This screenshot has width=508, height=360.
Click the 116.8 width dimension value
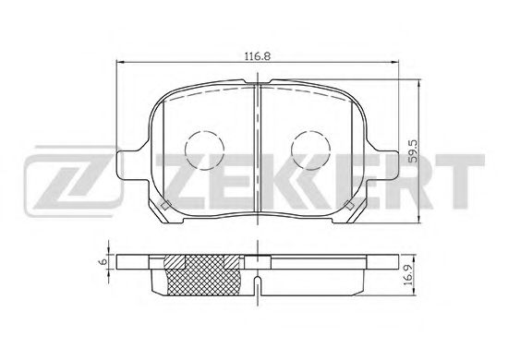pyautogui.click(x=258, y=56)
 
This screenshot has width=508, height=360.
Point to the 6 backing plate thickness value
pyautogui.click(x=103, y=261)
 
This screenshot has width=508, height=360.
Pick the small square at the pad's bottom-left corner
pyautogui.click(x=165, y=205)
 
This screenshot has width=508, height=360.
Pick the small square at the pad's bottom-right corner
pyautogui.click(x=349, y=205)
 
